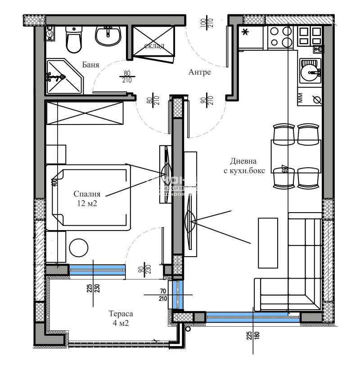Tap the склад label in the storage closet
pos(154,46)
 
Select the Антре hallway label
pos(199,72)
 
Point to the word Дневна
pos(243,161)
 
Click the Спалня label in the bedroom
pos(87,194)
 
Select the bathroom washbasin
pos(108,36)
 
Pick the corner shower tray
pos(63,76)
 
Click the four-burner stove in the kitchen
pos(280,37)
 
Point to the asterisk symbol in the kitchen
pos(245,32)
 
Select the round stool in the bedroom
pos(80,247)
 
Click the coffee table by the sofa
pos(267,243)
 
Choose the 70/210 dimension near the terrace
pos(163,294)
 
